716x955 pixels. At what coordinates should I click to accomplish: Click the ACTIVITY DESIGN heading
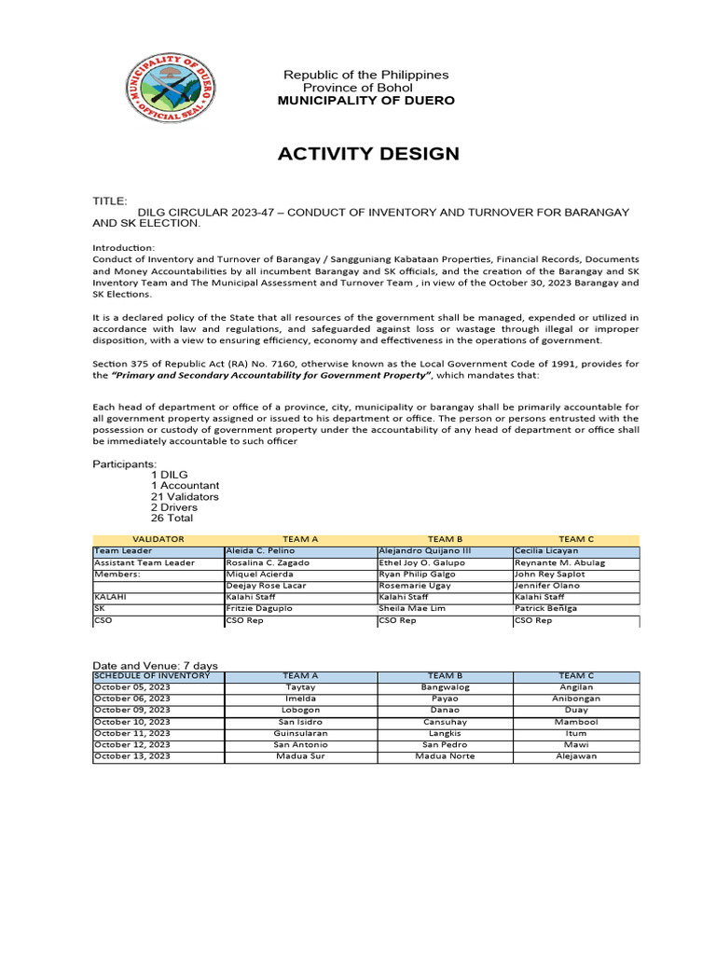click(368, 154)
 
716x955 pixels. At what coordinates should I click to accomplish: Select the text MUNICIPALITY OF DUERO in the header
click(366, 101)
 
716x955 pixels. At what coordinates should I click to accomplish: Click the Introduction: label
click(122, 246)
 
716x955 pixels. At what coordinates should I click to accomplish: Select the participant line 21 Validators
click(185, 496)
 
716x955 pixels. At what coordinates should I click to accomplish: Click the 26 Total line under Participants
click(172, 518)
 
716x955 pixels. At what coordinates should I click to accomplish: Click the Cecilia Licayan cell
click(545, 551)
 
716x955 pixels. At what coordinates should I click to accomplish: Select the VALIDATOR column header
click(158, 539)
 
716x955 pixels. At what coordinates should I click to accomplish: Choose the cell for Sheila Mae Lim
click(412, 608)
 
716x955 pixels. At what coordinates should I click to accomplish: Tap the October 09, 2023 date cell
click(132, 710)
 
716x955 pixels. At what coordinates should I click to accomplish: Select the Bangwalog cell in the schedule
click(446, 687)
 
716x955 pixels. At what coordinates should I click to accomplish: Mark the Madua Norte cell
click(445, 756)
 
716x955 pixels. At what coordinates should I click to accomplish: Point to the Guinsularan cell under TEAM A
click(300, 733)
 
